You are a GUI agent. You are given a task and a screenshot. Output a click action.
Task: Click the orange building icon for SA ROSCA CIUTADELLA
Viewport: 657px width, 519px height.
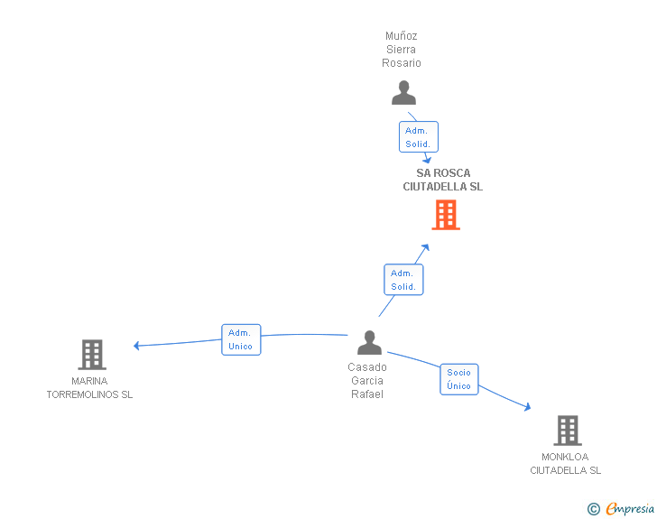[x=446, y=215]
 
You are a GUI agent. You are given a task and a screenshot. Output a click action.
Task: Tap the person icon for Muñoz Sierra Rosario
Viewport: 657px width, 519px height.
[x=403, y=92]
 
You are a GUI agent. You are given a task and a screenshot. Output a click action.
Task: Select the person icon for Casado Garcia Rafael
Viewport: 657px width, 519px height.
[x=369, y=342]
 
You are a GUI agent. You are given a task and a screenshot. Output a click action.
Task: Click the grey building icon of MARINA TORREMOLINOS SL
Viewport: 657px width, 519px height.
[x=92, y=355]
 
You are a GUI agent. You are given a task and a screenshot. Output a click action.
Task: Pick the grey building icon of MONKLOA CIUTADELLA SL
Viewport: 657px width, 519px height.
[x=568, y=431]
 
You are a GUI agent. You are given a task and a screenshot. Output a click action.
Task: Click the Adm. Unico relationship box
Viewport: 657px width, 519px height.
[x=241, y=339]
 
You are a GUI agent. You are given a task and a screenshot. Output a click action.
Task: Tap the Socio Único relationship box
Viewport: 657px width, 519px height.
[x=458, y=379]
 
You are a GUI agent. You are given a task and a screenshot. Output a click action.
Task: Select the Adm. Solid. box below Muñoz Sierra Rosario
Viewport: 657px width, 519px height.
[x=418, y=136]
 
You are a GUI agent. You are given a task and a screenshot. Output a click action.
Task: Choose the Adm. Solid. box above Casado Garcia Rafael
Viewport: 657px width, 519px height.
[x=403, y=280]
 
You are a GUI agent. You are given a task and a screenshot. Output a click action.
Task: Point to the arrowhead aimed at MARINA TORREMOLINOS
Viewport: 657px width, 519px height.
[x=136, y=346]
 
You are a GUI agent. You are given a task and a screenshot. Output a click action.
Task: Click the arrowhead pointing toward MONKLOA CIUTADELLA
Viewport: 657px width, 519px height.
[x=528, y=406]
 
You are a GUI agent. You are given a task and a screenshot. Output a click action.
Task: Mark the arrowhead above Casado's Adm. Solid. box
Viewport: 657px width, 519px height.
[x=425, y=247]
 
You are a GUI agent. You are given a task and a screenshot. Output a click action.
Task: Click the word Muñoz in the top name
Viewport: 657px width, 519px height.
[x=401, y=35]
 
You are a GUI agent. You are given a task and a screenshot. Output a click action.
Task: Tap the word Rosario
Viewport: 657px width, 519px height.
[x=401, y=63]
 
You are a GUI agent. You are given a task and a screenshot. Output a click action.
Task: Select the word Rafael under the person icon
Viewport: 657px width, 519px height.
[x=367, y=394]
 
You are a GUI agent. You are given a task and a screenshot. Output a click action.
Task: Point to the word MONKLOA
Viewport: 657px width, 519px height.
[x=565, y=457]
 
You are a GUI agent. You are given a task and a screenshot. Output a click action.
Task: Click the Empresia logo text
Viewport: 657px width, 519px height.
[x=629, y=508]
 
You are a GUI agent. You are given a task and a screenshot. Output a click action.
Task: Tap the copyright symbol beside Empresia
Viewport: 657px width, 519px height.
[x=593, y=509]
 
